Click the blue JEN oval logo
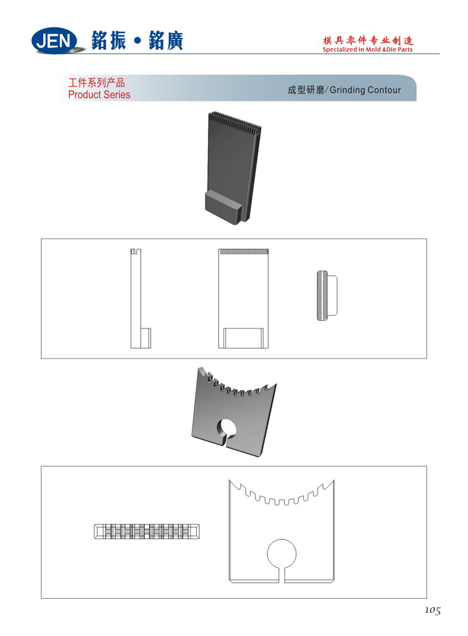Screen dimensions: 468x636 tap(55, 41)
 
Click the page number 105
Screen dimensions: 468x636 tap(432, 610)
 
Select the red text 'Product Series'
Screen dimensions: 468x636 tap(99, 94)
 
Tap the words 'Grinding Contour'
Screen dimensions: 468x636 tap(365, 90)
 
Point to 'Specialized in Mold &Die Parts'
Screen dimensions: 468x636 tap(368, 49)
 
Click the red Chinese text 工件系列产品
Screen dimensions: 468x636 tap(97, 83)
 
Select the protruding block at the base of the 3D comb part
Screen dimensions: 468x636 tap(224, 208)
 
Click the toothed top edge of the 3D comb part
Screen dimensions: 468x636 tap(235, 122)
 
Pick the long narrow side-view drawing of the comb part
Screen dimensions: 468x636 tap(140, 299)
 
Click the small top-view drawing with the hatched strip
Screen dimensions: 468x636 tap(327, 295)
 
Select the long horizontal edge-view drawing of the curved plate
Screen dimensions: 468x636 tap(147, 531)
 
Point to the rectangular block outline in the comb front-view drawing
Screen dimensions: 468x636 tap(244, 338)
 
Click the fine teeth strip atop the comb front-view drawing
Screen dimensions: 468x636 tap(244, 251)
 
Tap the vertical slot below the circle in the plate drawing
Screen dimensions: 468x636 tap(281, 575)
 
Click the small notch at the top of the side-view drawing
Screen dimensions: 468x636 tap(136, 251)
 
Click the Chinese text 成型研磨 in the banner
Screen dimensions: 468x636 tap(306, 90)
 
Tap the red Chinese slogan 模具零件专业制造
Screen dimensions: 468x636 tap(368, 40)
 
